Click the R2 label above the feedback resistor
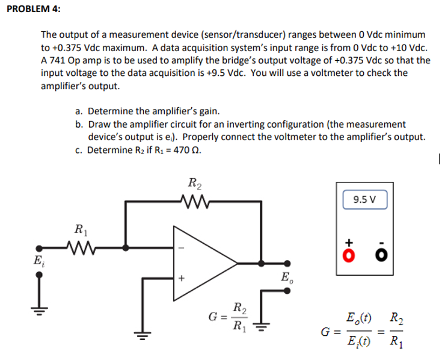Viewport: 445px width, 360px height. [x=195, y=183]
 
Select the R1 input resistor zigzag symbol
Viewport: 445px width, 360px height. [x=79, y=247]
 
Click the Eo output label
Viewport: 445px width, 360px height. [x=286, y=278]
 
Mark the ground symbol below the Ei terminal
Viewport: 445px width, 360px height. [x=39, y=302]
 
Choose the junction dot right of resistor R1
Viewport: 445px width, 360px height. [x=125, y=247]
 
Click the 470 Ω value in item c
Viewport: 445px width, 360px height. [x=185, y=151]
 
